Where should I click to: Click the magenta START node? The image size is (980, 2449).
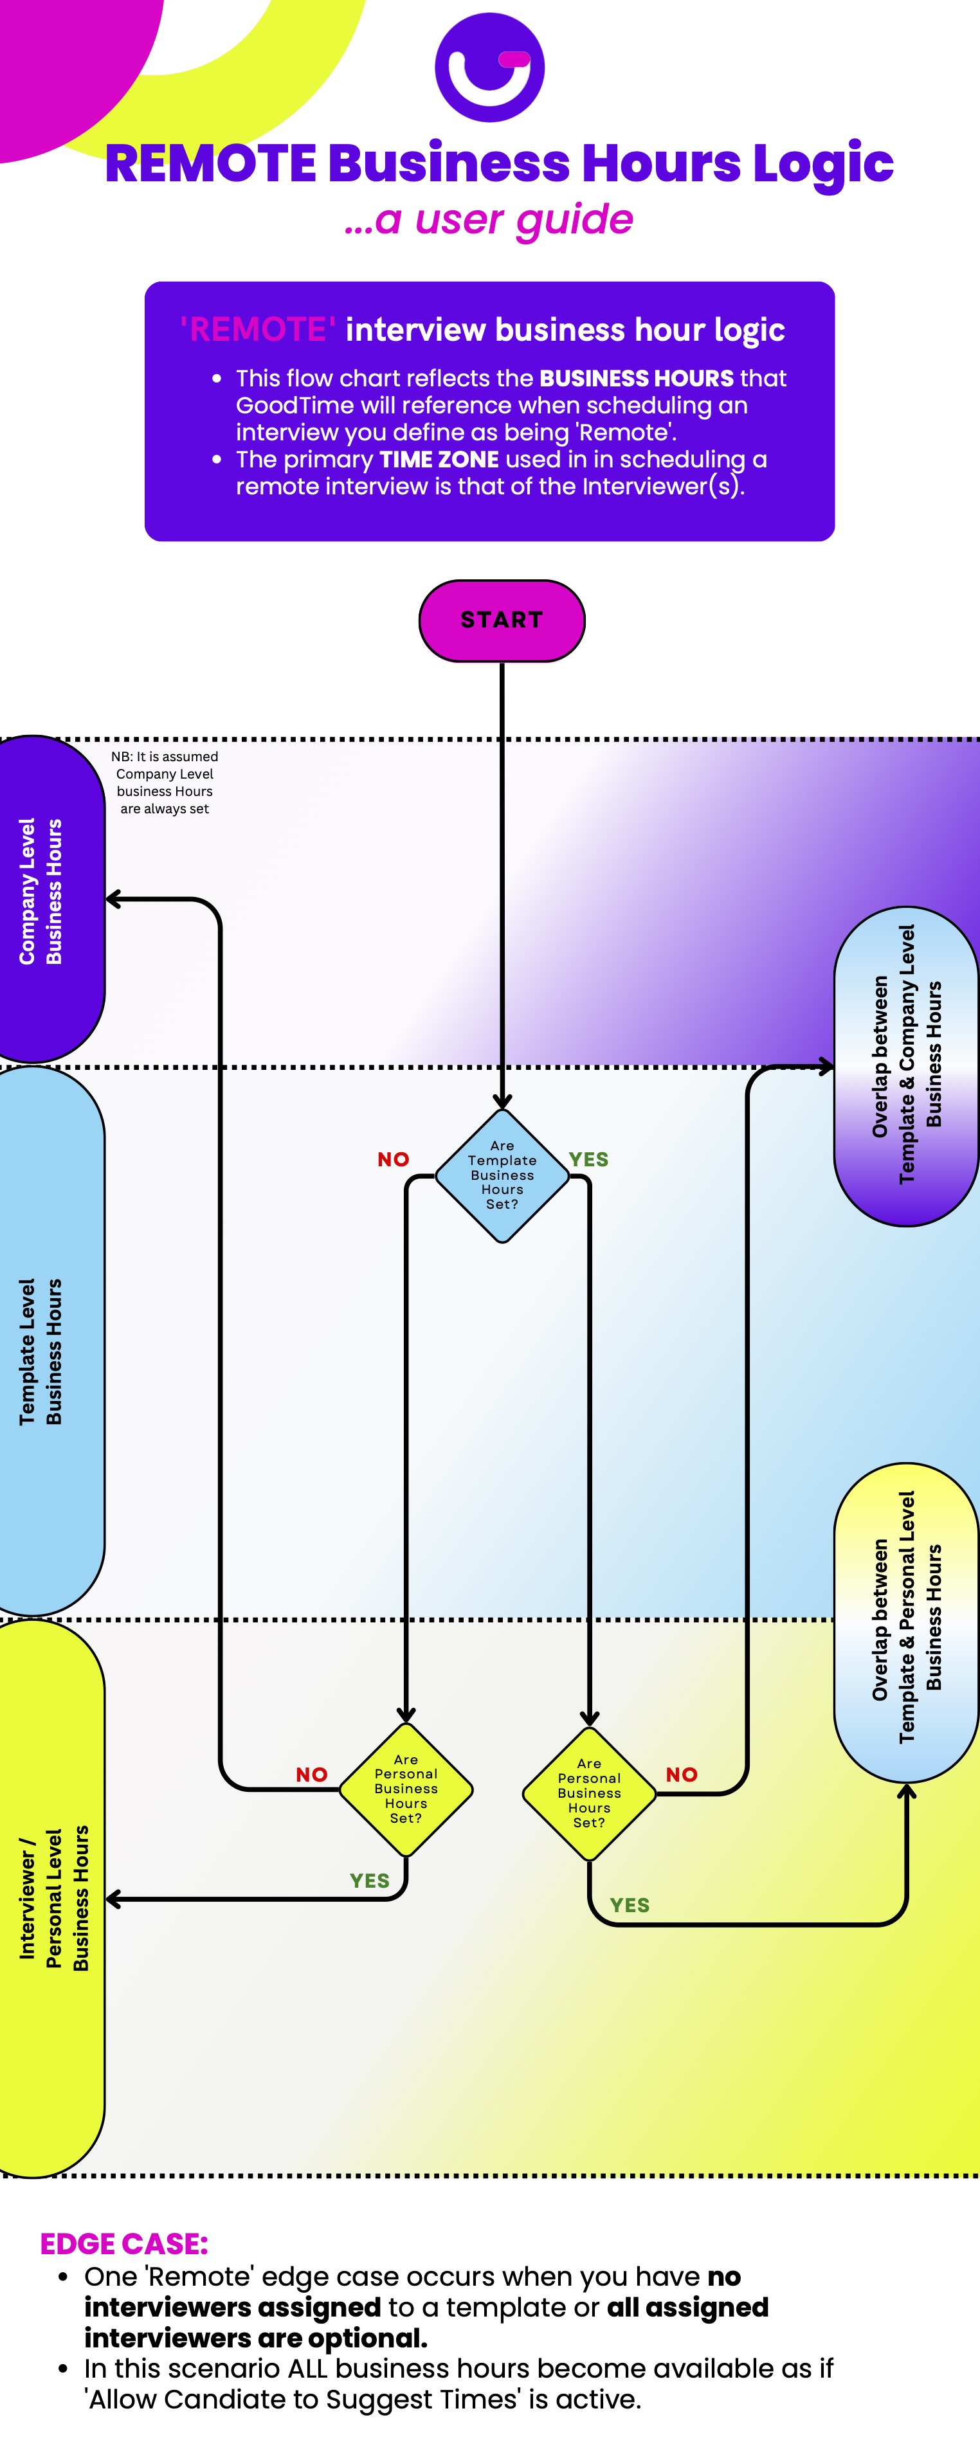502,620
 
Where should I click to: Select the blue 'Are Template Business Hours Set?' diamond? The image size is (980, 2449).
502,1175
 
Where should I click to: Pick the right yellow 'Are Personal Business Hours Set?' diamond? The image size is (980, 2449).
589,1793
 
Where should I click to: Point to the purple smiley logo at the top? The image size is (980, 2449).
489,67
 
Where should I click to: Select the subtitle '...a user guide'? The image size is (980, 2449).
489,220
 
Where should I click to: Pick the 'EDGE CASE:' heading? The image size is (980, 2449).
123,2244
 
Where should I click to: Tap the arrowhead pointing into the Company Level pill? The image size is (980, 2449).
112,898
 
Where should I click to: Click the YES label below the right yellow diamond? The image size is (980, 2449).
630,1905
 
